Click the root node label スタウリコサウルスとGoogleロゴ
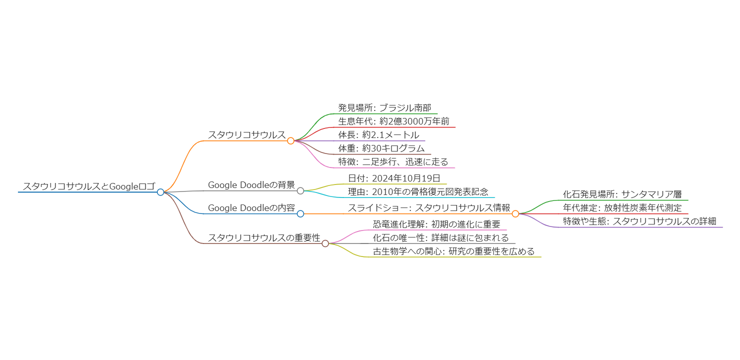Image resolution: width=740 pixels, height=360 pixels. pos(89,186)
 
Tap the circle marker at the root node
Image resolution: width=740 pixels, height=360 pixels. pos(160,192)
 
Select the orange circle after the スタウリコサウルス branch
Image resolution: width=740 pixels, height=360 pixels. pos(291,141)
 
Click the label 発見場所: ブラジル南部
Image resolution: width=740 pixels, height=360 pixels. pos(384,108)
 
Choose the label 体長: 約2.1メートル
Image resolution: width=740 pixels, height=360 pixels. pos(379,135)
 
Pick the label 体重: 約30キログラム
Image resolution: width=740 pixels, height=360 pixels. pos(381,148)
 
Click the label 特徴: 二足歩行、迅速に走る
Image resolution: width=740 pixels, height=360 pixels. pos(393,162)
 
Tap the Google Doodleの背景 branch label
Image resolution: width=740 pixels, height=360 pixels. pos(251,185)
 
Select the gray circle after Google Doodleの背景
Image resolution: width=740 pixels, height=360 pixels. pos(300,190)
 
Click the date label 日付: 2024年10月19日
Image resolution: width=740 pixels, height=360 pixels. pos(394,178)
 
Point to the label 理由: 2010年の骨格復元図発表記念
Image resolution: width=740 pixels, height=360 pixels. pos(418,191)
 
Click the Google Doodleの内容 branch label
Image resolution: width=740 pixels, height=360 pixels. pos(251,208)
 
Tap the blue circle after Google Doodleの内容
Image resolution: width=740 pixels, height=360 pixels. pos(300,213)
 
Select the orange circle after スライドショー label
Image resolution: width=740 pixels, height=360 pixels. pos(515,213)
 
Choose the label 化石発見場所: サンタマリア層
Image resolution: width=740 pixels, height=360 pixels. pos(622,194)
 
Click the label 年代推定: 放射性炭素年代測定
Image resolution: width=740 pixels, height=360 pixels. pos(622,208)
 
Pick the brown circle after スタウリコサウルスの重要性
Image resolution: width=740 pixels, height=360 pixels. pos(325,243)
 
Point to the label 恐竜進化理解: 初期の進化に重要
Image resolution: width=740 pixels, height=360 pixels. pos(437,224)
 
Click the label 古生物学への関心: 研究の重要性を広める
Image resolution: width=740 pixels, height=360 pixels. pos(454,251)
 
